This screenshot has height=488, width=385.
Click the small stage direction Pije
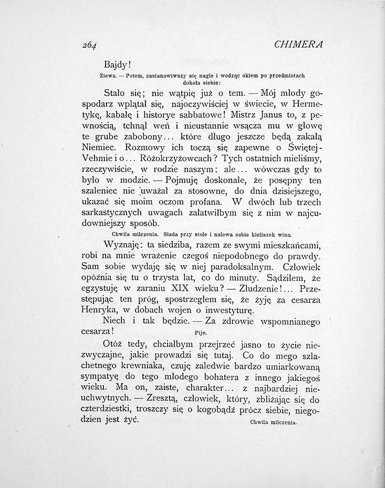coord(200,332)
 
